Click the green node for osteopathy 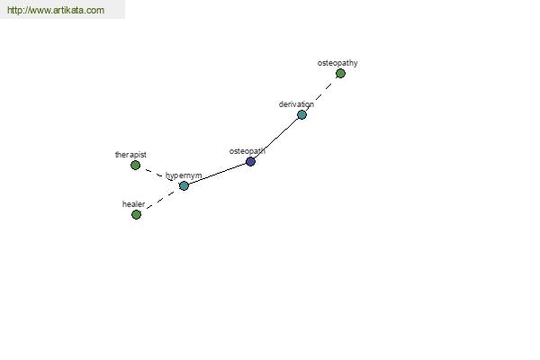[x=340, y=74]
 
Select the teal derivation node [x=301, y=114]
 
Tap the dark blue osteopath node [x=250, y=161]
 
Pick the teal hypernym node [x=184, y=185]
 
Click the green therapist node [x=135, y=165]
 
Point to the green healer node [x=137, y=214]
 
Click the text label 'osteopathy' [x=337, y=63]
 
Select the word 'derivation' [x=296, y=104]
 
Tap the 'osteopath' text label [x=247, y=151]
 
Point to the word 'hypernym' [x=184, y=175]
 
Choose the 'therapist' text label [x=130, y=155]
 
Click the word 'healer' [x=133, y=204]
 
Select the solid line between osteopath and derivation [x=277, y=137]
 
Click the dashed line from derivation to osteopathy [x=321, y=94]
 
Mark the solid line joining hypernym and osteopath [x=217, y=174]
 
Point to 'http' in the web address [x=14, y=10]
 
